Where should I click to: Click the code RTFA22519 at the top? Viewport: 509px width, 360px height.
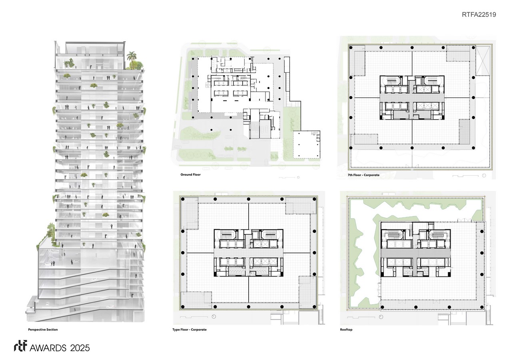click(x=479, y=14)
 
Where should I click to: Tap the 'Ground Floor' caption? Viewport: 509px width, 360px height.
click(x=190, y=174)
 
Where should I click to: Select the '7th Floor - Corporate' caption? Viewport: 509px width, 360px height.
click(x=363, y=175)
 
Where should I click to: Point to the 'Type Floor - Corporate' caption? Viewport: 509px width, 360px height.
click(x=189, y=330)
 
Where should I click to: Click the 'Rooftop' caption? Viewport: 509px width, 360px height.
click(x=346, y=330)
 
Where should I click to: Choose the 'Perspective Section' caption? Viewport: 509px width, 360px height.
click(x=43, y=330)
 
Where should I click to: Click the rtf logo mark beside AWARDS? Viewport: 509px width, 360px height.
click(x=20, y=346)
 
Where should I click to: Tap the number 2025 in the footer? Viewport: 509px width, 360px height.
click(x=80, y=348)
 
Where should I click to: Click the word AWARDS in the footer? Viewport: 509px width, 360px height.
click(x=48, y=348)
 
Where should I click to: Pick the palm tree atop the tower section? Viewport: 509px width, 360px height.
click(x=132, y=57)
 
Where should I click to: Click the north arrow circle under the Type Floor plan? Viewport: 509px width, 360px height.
click(x=214, y=316)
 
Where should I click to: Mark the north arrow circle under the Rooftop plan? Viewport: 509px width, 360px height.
click(x=381, y=317)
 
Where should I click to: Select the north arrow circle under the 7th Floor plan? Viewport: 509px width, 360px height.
click(x=484, y=176)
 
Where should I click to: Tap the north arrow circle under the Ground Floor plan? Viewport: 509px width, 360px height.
click(x=298, y=177)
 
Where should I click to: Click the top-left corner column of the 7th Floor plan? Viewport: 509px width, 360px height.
click(x=351, y=48)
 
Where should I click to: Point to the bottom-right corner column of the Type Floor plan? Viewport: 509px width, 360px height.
click(x=315, y=306)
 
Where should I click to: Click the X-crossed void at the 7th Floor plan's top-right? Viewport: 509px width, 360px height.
click(x=483, y=61)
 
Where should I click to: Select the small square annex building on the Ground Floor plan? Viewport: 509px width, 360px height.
click(x=306, y=144)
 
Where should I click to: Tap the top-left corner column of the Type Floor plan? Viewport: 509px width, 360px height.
click(x=183, y=199)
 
